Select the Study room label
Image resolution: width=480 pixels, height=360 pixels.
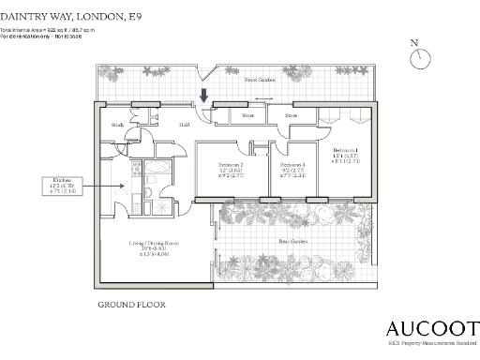tap(117, 124)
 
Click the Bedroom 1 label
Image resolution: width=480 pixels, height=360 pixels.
tap(346, 151)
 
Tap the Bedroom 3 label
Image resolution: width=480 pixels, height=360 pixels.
tap(292, 165)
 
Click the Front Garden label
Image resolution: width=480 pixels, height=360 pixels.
tap(260, 81)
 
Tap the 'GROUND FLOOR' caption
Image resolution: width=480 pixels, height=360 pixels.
tap(131, 306)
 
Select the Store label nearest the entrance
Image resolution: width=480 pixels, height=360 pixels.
tap(248, 116)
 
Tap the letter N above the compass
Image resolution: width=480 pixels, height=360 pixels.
tap(414, 43)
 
